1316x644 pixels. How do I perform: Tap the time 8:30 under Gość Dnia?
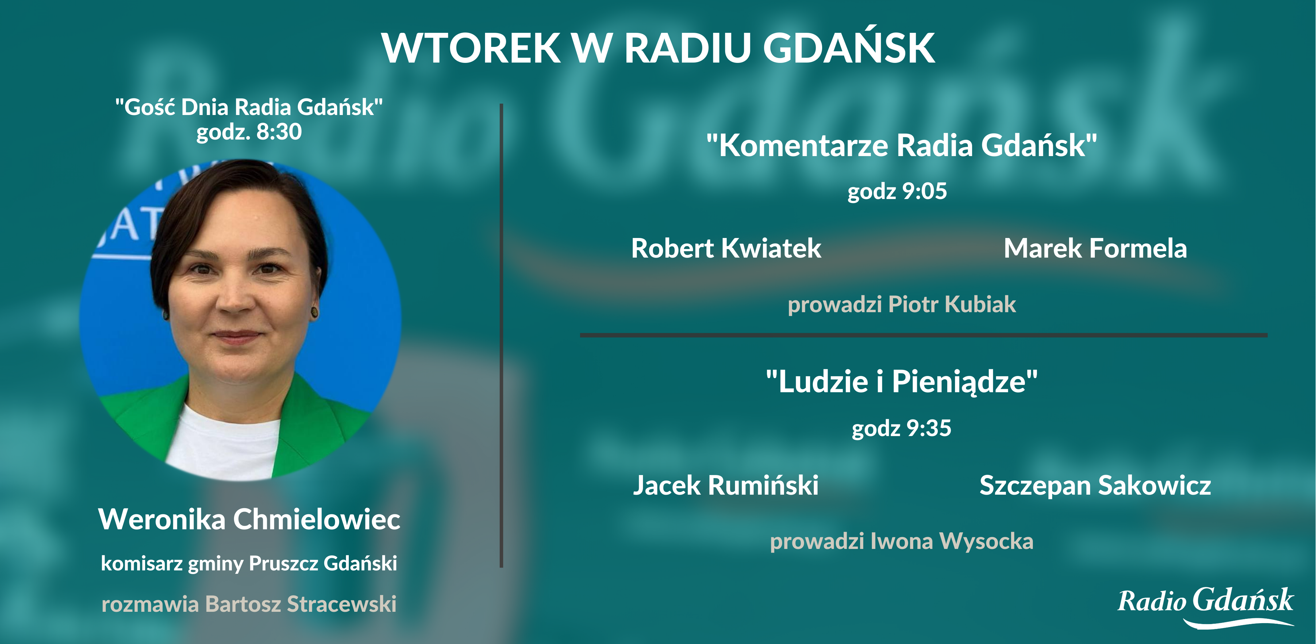279,132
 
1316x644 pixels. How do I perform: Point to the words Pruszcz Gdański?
323,563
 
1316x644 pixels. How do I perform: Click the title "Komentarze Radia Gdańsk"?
901,146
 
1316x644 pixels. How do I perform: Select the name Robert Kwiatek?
726,249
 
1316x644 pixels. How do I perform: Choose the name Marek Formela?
1095,249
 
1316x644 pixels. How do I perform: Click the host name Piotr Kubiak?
952,305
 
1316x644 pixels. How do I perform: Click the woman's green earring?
314,312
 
